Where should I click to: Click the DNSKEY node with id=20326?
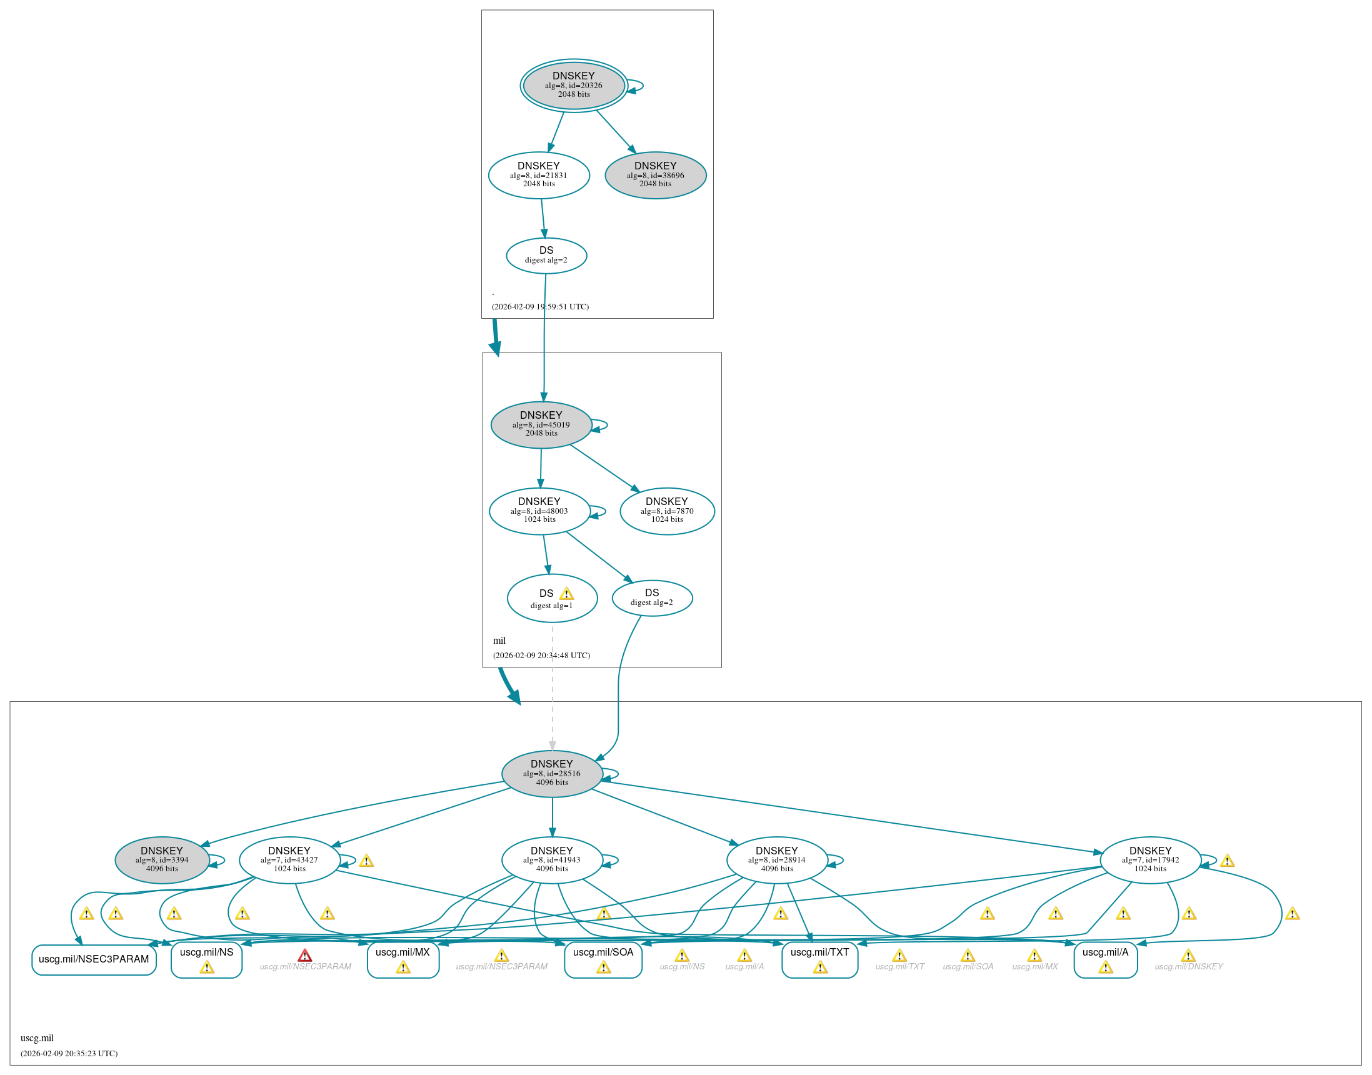573,86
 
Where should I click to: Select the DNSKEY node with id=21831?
539,175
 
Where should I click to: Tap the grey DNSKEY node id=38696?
655,175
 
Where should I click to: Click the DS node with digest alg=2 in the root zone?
546,256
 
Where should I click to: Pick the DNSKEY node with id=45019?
541,425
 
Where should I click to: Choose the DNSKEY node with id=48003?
539,511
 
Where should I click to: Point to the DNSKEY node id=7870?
667,511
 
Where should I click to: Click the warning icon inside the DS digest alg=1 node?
566,594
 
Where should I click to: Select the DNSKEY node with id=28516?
552,774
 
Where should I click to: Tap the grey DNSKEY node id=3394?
162,860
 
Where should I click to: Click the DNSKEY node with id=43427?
289,860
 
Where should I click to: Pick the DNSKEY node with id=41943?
552,860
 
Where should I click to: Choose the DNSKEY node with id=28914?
776,860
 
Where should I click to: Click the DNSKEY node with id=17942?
1150,860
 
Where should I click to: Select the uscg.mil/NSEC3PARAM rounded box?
94,959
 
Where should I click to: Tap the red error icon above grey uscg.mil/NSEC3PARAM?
304,956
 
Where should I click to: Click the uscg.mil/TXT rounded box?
819,959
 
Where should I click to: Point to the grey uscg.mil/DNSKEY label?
1188,966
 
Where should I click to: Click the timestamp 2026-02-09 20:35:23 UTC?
69,1053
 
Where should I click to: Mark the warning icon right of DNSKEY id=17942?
1227,861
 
